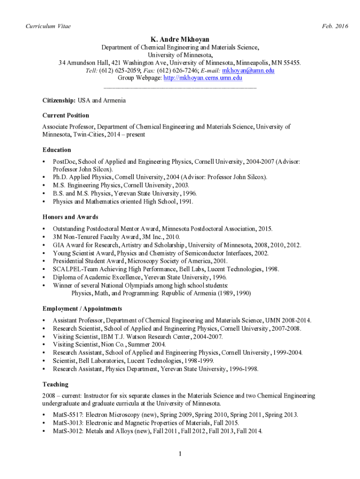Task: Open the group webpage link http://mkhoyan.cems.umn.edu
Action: click(x=202, y=78)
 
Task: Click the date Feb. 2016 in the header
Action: click(x=335, y=26)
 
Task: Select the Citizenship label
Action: click(x=58, y=101)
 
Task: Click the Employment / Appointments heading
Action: click(x=82, y=309)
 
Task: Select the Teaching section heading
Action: click(x=55, y=385)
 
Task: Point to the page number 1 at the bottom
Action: click(x=180, y=454)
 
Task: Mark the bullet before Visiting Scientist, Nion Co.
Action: click(x=43, y=345)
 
